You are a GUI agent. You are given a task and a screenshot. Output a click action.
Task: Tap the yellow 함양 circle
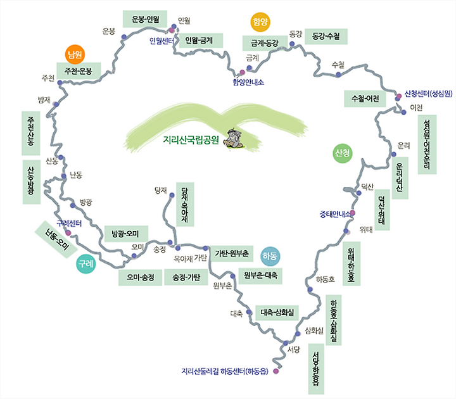coord(260,22)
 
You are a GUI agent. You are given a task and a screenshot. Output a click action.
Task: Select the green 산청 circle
coord(343,154)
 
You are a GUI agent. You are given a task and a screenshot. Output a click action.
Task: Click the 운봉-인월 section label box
coord(145,19)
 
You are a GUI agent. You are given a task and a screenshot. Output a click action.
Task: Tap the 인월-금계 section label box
coord(199,41)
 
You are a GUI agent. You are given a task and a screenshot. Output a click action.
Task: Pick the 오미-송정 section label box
coord(140,278)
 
